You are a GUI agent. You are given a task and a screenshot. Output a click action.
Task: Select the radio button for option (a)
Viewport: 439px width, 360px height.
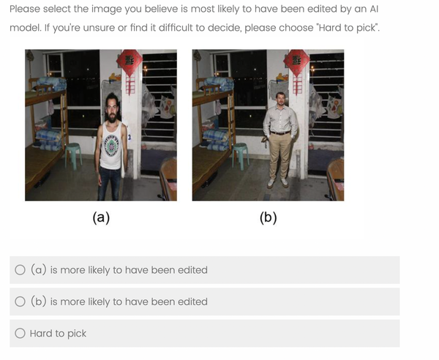tap(20, 270)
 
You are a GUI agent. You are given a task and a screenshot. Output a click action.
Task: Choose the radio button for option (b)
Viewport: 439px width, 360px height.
tap(20, 301)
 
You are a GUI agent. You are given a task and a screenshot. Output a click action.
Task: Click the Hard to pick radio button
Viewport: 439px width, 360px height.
tap(20, 333)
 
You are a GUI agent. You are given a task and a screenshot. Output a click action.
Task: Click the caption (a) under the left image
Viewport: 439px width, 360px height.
tap(101, 217)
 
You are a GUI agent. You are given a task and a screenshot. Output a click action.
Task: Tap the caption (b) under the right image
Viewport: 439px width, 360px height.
tap(269, 217)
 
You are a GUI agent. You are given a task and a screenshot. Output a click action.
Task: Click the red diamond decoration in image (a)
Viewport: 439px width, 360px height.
tap(130, 62)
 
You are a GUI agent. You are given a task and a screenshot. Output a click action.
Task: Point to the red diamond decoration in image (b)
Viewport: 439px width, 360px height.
tap(296, 62)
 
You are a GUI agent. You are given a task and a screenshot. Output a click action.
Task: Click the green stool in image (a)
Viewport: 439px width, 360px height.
tap(73, 155)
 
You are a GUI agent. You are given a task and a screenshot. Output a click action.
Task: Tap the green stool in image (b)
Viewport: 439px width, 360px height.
tap(241, 155)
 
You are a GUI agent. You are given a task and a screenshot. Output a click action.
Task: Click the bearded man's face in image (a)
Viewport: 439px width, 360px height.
tap(112, 108)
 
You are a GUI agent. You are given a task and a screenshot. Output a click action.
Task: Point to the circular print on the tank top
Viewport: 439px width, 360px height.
tap(111, 146)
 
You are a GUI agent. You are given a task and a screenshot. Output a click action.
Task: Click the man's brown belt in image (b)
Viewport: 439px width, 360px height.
tap(280, 132)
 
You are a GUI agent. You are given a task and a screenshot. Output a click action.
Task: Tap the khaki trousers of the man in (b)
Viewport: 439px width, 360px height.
tap(279, 156)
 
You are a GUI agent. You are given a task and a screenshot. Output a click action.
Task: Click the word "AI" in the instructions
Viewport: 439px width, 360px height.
tap(374, 9)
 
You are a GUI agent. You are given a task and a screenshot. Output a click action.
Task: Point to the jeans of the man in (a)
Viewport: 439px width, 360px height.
tap(109, 184)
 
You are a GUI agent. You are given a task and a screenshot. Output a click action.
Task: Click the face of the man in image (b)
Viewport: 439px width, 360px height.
tap(280, 99)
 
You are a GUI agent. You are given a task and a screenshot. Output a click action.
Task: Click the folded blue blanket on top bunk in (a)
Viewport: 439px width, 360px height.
tap(52, 83)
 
